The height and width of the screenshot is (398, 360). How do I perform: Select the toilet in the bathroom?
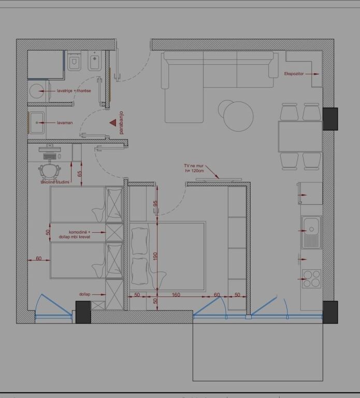click(74, 63)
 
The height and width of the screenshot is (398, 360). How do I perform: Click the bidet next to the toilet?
click(94, 63)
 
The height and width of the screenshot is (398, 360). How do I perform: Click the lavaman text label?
click(65, 123)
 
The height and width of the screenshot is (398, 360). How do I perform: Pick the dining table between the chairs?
click(300, 136)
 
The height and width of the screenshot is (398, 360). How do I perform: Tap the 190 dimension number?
click(155, 255)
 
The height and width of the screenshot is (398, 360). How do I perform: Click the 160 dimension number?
click(176, 295)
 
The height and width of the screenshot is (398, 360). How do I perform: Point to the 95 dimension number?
click(155, 204)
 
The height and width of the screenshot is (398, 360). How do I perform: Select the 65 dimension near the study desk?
click(80, 174)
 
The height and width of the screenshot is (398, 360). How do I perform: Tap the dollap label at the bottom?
click(84, 294)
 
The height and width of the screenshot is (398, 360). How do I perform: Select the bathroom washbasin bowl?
click(37, 123)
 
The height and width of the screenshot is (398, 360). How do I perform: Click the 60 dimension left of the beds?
click(38, 258)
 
